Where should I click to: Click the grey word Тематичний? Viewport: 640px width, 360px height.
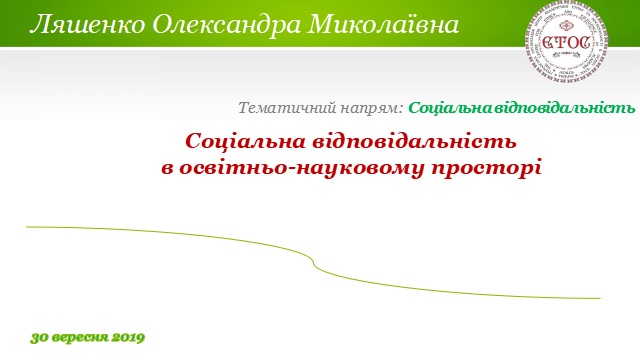pyautogui.click(x=281, y=107)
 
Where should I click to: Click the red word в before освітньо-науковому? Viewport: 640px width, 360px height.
pyautogui.click(x=167, y=167)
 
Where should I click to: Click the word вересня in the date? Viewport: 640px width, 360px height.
pyautogui.click(x=77, y=337)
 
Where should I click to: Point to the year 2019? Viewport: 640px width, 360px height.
pyautogui.click(x=126, y=337)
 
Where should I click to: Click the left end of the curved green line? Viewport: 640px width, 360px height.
pyautogui.click(x=28, y=228)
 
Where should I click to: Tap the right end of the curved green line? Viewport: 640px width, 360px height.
pyautogui.click(x=598, y=298)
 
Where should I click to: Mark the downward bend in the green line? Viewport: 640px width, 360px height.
pyautogui.click(x=314, y=262)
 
